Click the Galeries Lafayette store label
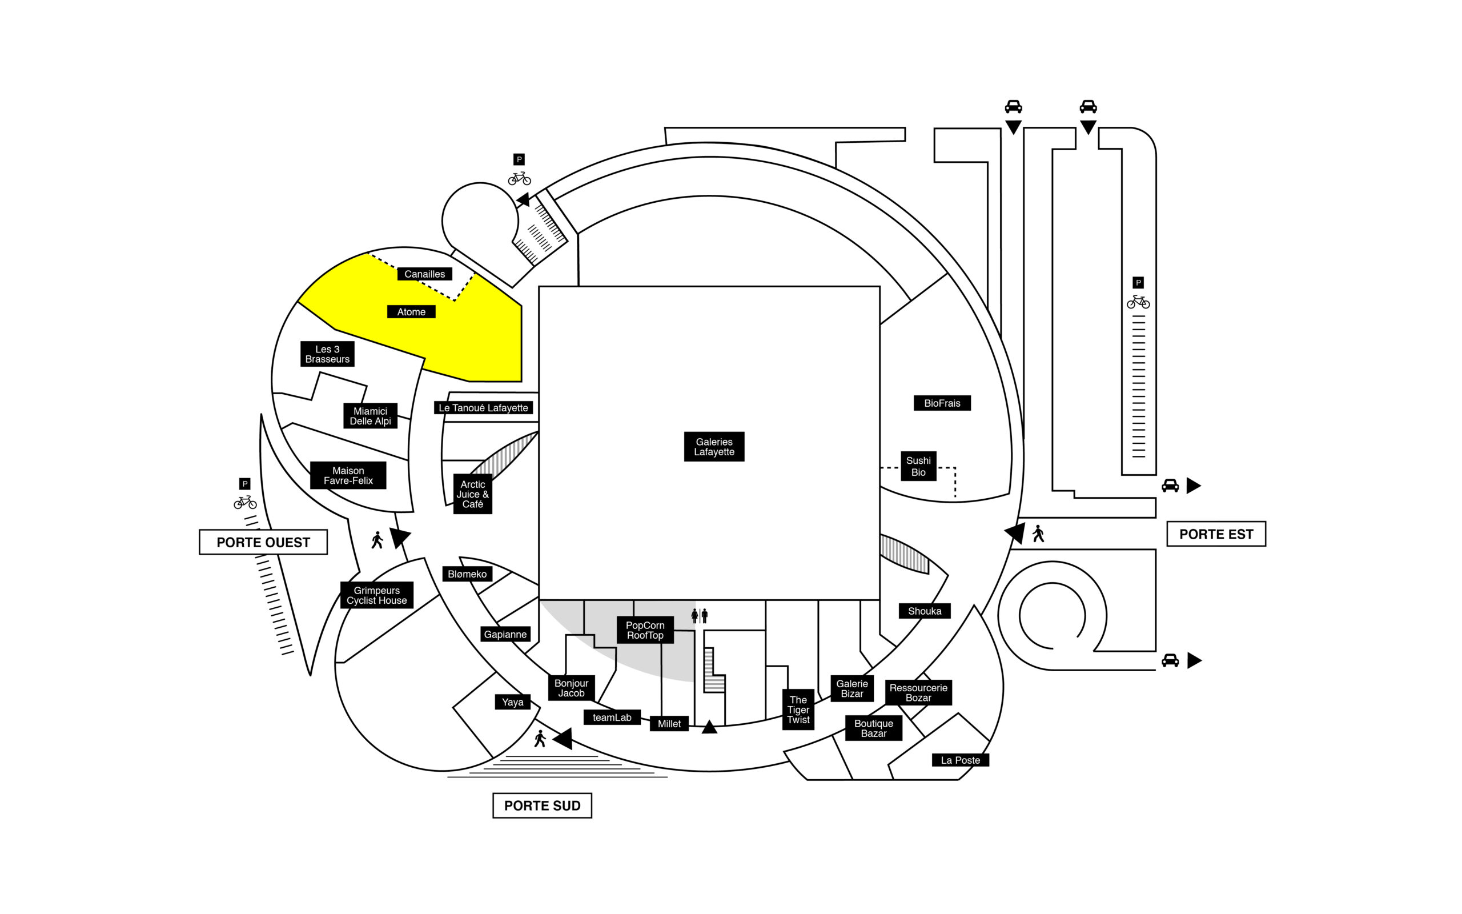[713, 447]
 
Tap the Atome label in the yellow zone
[411, 312]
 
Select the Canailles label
[424, 274]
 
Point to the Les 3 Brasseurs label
[327, 354]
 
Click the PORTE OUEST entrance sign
[263, 542]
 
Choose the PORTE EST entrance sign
[1215, 534]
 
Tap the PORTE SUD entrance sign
[542, 805]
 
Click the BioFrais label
[942, 403]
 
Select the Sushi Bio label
[918, 466]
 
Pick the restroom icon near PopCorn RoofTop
[699, 616]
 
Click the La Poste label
[960, 760]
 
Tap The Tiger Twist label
[798, 709]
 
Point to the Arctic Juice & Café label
[472, 494]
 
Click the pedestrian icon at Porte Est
[1038, 534]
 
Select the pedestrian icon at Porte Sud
[540, 739]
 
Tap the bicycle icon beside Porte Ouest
[244, 502]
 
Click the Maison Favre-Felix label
[348, 475]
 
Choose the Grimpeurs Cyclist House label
[376, 595]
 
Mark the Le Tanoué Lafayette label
[483, 408]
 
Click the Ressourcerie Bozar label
[918, 693]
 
